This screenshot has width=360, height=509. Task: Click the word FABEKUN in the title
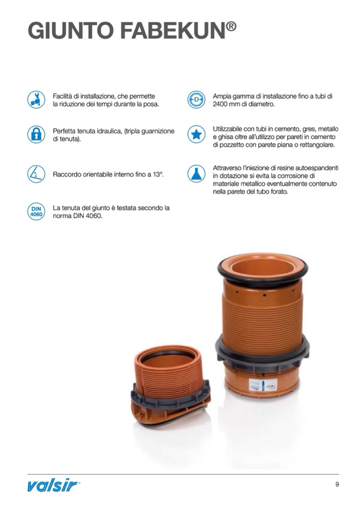pyautogui.click(x=173, y=31)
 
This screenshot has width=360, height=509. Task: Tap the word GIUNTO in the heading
pyautogui.click(x=71, y=31)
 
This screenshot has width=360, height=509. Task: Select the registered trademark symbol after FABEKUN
pyautogui.click(x=231, y=26)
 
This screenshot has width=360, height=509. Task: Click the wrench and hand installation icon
pyautogui.click(x=36, y=100)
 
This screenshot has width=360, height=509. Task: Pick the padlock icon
pyautogui.click(x=36, y=134)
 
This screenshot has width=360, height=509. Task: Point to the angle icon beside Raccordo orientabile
pyautogui.click(x=36, y=174)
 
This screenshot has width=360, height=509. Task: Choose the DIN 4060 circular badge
pyautogui.click(x=36, y=211)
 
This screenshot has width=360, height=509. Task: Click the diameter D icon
pyautogui.click(x=196, y=100)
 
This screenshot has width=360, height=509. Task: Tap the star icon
pyautogui.click(x=196, y=134)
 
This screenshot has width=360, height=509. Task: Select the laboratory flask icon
pyautogui.click(x=196, y=174)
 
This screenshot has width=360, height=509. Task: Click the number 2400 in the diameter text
pyautogui.click(x=220, y=104)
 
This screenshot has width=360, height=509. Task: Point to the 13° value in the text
pyautogui.click(x=158, y=174)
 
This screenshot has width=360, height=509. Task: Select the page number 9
pyautogui.click(x=337, y=485)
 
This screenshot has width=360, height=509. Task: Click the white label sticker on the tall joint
pyautogui.click(x=263, y=385)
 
